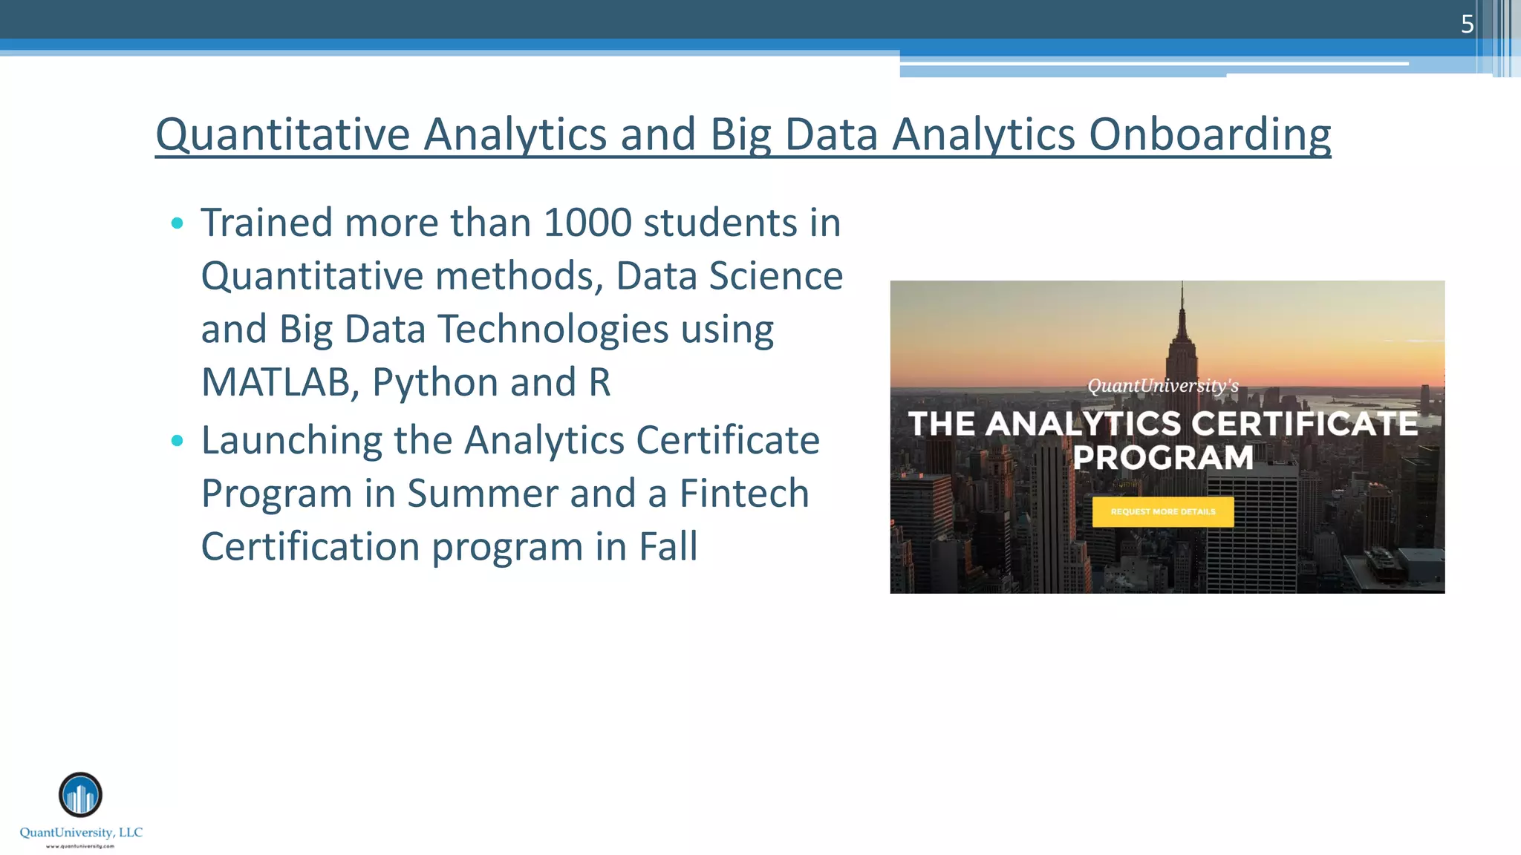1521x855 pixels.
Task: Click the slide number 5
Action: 1467,24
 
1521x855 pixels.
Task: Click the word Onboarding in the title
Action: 1210,135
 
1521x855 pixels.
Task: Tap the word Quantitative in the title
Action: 282,135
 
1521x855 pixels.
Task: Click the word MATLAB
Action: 275,382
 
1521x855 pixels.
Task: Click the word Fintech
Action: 744,494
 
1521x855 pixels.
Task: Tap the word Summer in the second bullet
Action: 482,494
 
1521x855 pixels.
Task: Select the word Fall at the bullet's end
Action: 668,547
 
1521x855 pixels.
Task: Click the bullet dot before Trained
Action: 177,223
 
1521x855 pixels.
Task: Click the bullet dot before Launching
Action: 177,441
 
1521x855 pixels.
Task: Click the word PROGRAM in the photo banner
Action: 1163,458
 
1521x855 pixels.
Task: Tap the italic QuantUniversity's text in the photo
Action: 1163,386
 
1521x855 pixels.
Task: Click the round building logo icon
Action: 80,795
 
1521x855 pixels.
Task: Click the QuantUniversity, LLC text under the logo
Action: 81,833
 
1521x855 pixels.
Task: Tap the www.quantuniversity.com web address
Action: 80,846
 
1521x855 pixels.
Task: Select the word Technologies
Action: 554,330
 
